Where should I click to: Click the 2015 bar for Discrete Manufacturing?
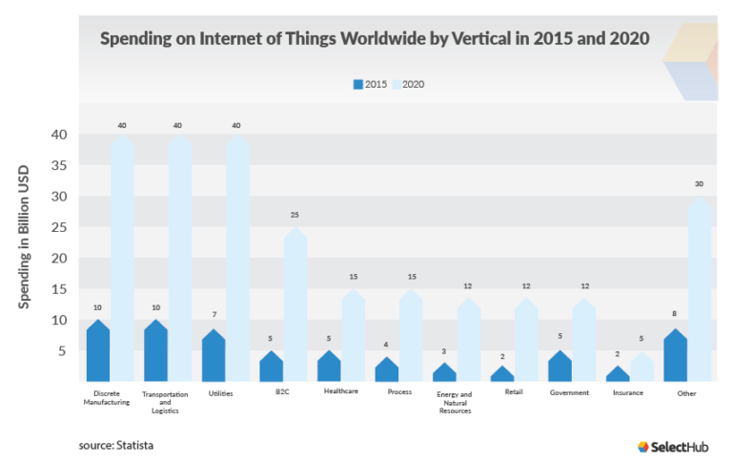point(98,353)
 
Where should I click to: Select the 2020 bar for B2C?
point(295,305)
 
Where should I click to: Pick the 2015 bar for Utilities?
point(213,357)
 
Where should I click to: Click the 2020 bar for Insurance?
point(643,368)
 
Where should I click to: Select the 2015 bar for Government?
point(560,368)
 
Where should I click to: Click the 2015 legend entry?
point(370,84)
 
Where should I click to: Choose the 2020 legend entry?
point(407,84)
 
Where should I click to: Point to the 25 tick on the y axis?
point(59,227)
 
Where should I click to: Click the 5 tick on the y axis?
point(63,351)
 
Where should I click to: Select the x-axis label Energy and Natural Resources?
point(454,402)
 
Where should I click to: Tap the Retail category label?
point(513,392)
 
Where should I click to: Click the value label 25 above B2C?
point(295,216)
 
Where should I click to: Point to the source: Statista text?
point(116,445)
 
